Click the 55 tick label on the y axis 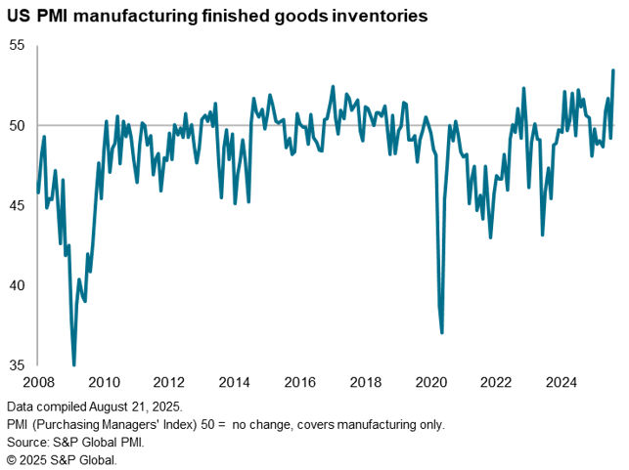(x=17, y=45)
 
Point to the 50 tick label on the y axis (x=17, y=125)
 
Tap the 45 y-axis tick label (x=17, y=205)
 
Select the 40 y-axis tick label (x=17, y=285)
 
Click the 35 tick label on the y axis (x=17, y=365)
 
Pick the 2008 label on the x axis (x=39, y=382)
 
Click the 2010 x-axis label (x=105, y=382)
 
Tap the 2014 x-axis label (x=235, y=382)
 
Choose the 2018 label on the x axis (x=365, y=382)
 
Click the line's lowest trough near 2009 (x=74, y=364)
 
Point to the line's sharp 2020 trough (x=442, y=332)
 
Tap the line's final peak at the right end (x=613, y=70)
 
